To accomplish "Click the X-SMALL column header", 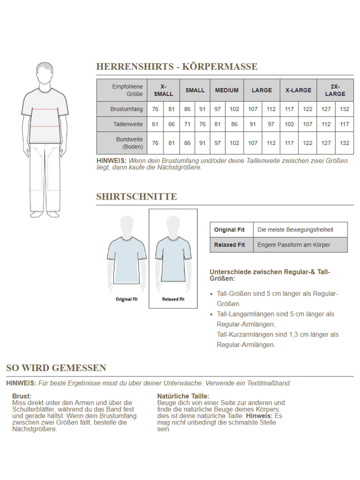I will pyautogui.click(x=163, y=90).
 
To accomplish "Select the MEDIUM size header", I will pyautogui.click(x=226, y=90).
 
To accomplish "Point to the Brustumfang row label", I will pyautogui.click(x=126, y=109).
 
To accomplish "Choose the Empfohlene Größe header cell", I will pyautogui.click(x=127, y=90).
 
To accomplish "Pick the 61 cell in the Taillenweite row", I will pyautogui.click(x=155, y=124).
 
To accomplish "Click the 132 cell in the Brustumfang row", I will pyautogui.click(x=344, y=109).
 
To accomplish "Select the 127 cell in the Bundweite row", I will pyautogui.click(x=326, y=143).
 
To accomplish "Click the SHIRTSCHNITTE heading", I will pyautogui.click(x=136, y=196).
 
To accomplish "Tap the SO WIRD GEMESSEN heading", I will pyautogui.click(x=56, y=368).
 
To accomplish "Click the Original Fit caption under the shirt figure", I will pyautogui.click(x=126, y=299).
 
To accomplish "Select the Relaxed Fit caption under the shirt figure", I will pyautogui.click(x=173, y=299).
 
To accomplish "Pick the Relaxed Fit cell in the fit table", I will pyautogui.click(x=229, y=245).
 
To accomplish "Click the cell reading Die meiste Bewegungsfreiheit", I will pyautogui.click(x=295, y=230).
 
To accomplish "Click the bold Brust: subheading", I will pyautogui.click(x=22, y=396).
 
